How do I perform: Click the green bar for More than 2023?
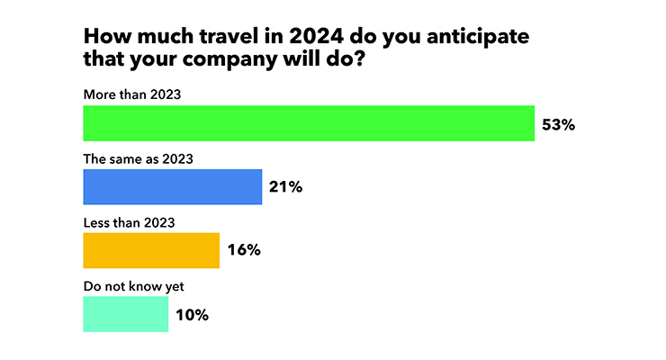point(309,123)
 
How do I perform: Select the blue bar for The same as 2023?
point(173,187)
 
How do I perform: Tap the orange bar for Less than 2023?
point(151,250)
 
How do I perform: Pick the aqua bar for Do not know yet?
point(126,314)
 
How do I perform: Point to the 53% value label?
point(558,125)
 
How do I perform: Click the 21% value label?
point(285,187)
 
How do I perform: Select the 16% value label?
point(244,249)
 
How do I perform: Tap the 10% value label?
point(192,315)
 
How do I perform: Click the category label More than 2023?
point(132,94)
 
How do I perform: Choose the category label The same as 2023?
point(138,158)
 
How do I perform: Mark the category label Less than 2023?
point(129,222)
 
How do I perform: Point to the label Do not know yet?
point(134,286)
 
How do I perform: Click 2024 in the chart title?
point(317,36)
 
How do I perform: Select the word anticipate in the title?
point(478,37)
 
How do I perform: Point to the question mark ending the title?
point(360,58)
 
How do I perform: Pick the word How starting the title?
point(107,36)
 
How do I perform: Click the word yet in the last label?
point(175,287)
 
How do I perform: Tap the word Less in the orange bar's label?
point(96,222)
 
